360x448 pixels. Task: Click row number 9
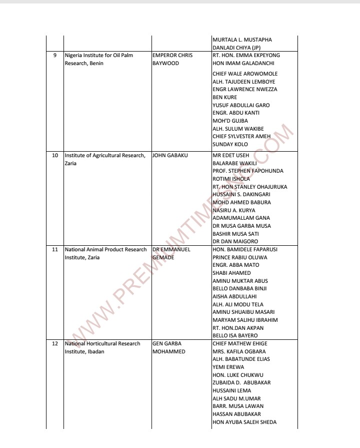(x=55, y=55)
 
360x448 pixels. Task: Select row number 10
(x=55, y=155)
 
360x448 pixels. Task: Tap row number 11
(x=55, y=249)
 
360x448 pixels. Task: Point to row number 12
(x=55, y=343)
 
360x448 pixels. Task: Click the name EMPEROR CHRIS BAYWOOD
(x=172, y=59)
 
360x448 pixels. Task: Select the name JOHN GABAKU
(x=170, y=155)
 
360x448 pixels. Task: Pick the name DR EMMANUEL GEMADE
(x=171, y=253)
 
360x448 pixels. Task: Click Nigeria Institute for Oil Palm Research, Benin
(x=98, y=59)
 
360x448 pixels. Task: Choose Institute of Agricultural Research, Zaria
(x=105, y=159)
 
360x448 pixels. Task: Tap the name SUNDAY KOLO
(x=230, y=145)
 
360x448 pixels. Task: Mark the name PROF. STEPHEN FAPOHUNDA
(x=248, y=171)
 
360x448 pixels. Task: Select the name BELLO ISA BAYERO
(x=235, y=335)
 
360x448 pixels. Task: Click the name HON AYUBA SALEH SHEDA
(x=244, y=422)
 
